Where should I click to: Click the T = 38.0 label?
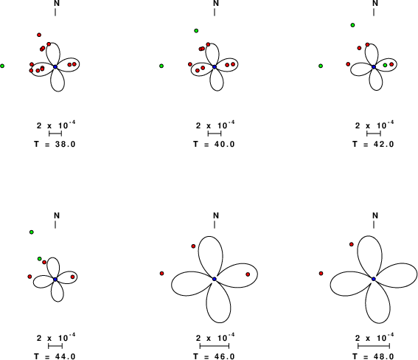point(55,145)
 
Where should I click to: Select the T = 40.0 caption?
point(214,145)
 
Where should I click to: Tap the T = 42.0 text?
point(373,145)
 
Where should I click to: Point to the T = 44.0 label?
point(55,356)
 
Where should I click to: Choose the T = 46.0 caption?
point(214,356)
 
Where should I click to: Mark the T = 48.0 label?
point(373,356)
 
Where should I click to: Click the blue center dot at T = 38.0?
point(55,66)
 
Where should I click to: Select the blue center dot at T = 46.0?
point(215,279)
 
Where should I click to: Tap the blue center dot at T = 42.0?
point(374,66)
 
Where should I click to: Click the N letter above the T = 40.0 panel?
point(216,3)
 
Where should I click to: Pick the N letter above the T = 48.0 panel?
point(375,215)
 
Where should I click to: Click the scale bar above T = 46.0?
point(215,346)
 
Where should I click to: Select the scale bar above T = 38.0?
point(55,134)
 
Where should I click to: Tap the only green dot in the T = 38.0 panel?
point(2,66)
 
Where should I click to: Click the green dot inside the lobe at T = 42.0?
point(385,65)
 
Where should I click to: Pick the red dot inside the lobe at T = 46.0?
point(248,274)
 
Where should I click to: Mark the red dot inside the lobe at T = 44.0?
point(72,277)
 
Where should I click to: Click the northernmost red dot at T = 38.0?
point(39,35)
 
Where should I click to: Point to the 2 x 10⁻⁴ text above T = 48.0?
point(375,338)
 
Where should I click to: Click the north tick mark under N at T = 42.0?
point(374,13)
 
